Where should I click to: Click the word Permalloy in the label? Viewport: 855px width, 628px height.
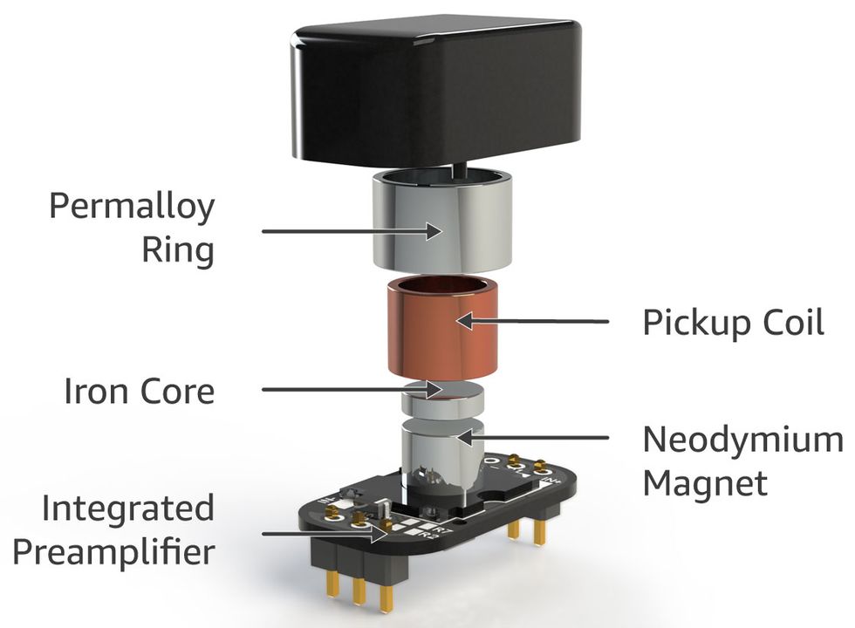click(131, 208)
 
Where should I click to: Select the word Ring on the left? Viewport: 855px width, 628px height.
click(177, 251)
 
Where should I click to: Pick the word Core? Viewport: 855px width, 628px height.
click(174, 392)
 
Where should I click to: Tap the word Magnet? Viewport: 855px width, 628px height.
click(705, 482)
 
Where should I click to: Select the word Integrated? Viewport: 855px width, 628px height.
click(127, 509)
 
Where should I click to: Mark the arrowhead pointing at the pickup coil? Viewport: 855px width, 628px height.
click(463, 321)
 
